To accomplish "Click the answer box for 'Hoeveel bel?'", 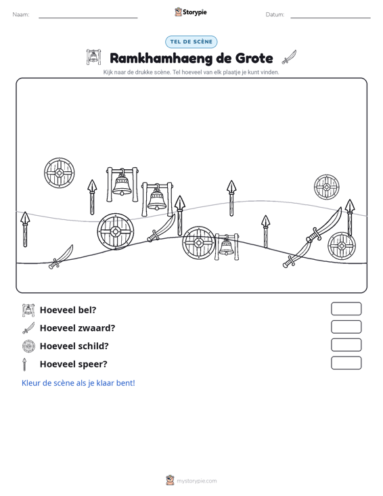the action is click(346, 309).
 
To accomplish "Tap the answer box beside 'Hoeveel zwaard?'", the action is click(346, 327).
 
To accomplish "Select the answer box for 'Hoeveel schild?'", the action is click(346, 345).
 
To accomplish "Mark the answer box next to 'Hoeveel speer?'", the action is click(346, 363).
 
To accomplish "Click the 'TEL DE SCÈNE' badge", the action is click(191, 42).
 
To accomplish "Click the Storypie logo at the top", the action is click(191, 12).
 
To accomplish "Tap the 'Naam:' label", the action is click(21, 15).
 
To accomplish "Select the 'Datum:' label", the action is click(275, 15).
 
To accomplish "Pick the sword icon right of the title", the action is click(289, 57).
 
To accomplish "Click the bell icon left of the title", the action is click(93, 57).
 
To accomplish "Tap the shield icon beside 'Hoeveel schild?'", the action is click(28, 346).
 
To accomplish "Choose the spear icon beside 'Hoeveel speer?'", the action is click(24, 364).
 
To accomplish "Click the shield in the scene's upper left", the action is click(60, 173).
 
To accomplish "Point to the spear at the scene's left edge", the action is click(25, 229).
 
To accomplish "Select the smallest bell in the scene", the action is click(227, 246).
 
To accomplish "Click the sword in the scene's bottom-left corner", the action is click(61, 257).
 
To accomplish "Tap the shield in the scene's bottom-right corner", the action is click(342, 246).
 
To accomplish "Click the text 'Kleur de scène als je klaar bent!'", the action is click(78, 383).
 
